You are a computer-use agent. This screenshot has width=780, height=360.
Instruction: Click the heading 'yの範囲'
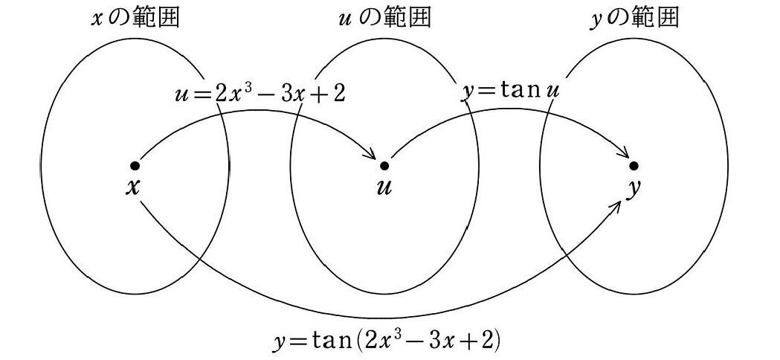634,18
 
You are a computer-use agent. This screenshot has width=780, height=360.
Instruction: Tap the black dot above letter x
134,164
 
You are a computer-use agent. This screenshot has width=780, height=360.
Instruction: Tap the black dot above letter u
384,164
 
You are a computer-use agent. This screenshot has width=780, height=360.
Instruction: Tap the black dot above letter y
634,164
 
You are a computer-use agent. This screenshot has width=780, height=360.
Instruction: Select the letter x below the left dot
133,187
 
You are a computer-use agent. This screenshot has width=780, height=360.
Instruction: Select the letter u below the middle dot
384,187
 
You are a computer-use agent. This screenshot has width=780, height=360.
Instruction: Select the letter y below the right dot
633,189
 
